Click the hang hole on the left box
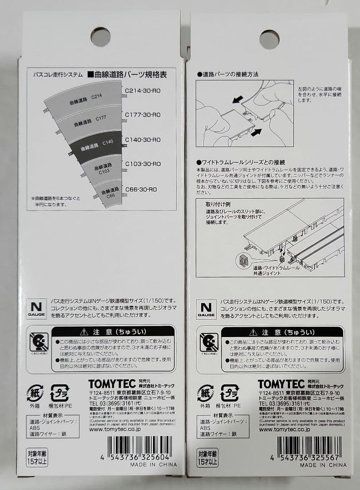[x=100, y=37]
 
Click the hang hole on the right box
[x=269, y=39]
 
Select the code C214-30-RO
[x=143, y=90]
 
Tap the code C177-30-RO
[x=143, y=115]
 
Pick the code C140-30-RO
[x=143, y=140]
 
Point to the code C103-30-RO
[x=143, y=164]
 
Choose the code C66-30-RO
[x=141, y=189]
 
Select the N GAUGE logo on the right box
[x=206, y=308]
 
